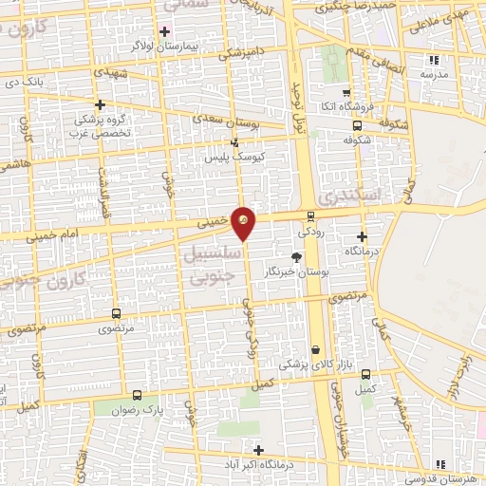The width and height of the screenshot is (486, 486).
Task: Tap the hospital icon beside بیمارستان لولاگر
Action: [x=165, y=31]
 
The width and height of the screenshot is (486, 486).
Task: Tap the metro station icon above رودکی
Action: [x=310, y=216]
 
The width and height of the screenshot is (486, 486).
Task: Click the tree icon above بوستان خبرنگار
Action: [x=296, y=256]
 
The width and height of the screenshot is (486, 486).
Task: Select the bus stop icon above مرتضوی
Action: [x=116, y=313]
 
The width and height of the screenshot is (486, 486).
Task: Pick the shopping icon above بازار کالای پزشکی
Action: [x=314, y=349]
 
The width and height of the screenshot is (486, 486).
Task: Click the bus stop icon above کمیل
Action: [x=366, y=374]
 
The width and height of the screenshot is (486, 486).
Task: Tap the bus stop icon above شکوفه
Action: [x=356, y=123]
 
